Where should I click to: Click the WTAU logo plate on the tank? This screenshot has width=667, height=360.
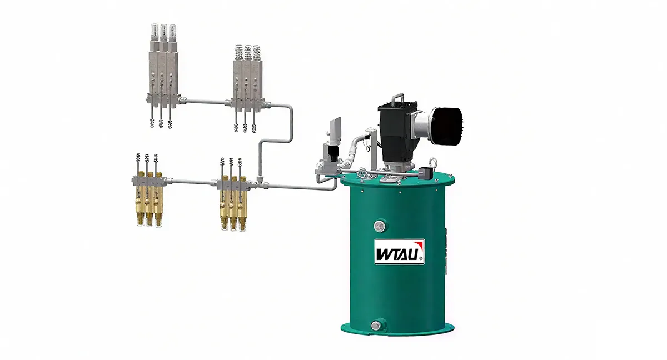click(399, 252)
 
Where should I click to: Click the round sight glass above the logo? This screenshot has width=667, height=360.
click(380, 227)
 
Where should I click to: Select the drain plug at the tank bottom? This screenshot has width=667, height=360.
click(376, 325)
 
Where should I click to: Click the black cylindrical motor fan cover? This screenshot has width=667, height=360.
click(446, 124)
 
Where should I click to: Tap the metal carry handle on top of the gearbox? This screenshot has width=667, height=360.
click(398, 98)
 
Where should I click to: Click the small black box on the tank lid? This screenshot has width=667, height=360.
click(425, 173)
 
